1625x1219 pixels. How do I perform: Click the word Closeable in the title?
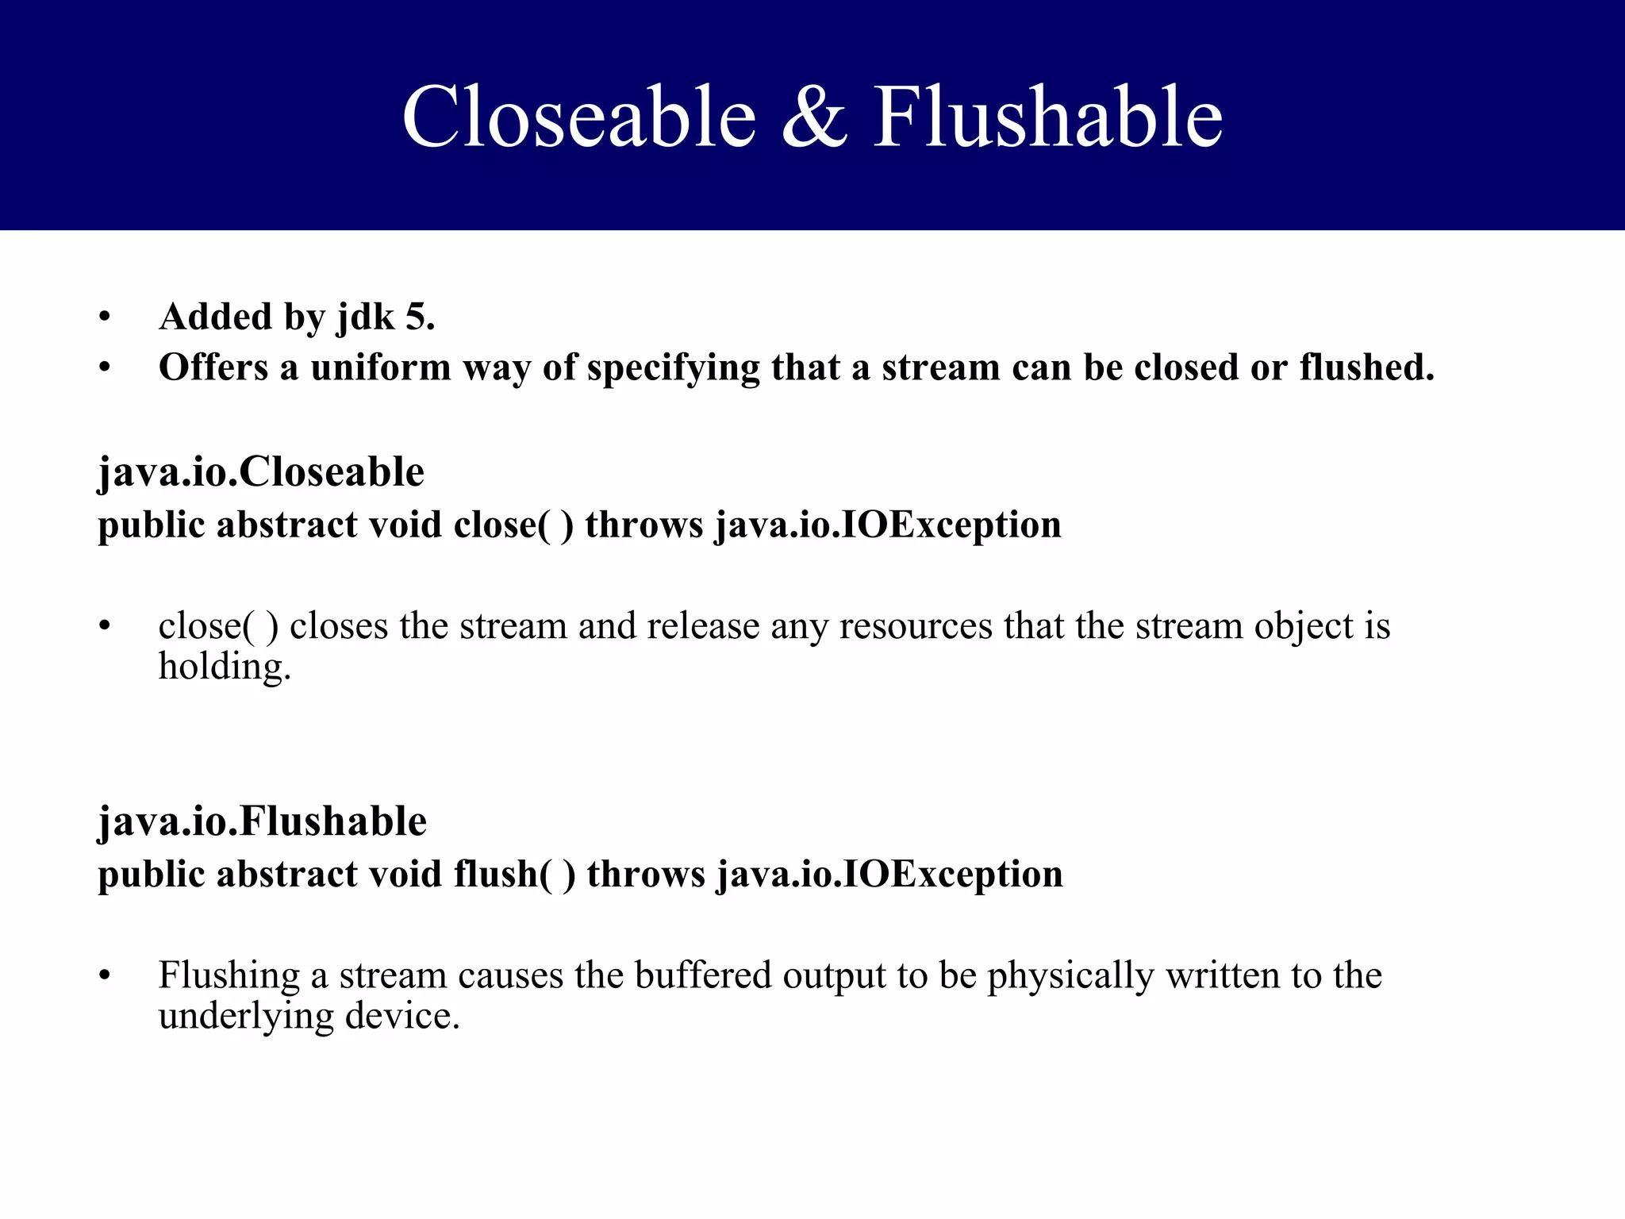click(x=579, y=117)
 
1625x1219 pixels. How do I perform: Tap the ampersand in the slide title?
click(x=814, y=117)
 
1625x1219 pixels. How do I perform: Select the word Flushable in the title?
click(x=1047, y=117)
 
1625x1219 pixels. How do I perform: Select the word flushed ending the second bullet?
click(x=1365, y=367)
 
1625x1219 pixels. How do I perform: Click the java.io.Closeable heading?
click(x=261, y=472)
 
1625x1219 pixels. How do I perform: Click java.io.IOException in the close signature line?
click(x=888, y=525)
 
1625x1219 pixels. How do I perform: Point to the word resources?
click(x=916, y=626)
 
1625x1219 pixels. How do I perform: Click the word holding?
click(x=224, y=667)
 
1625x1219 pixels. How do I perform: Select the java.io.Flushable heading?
click(x=262, y=821)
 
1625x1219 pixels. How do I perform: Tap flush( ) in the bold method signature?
click(x=514, y=875)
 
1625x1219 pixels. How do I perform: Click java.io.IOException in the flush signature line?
click(x=889, y=875)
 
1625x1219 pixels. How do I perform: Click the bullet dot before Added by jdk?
click(x=104, y=318)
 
